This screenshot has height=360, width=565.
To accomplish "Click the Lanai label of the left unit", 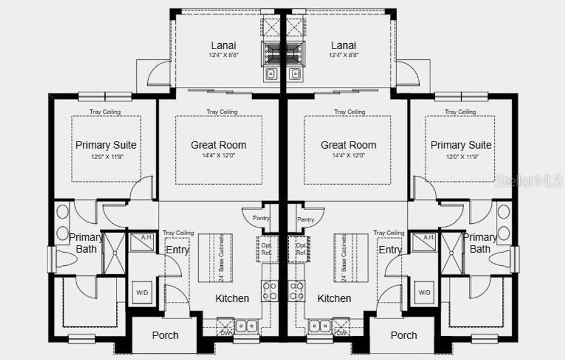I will (223, 46).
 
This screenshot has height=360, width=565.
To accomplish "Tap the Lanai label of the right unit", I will (343, 46).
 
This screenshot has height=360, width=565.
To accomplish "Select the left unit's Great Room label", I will (219, 145).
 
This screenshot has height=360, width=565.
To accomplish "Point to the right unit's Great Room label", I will (348, 145).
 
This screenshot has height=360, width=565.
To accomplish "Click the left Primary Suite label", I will (106, 145).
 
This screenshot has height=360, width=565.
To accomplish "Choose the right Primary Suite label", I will (461, 145).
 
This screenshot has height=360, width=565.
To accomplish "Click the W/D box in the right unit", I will (425, 292).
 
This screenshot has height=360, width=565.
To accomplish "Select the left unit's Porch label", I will (165, 335).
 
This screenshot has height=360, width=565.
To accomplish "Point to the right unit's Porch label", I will (403, 335).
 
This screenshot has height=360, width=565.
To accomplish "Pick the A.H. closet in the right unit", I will (428, 238).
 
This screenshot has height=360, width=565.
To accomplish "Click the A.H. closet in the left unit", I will (146, 238).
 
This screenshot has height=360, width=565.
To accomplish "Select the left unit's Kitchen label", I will (232, 298).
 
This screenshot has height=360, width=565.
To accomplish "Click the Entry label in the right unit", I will (390, 250).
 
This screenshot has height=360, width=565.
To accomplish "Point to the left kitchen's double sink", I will (246, 326).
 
